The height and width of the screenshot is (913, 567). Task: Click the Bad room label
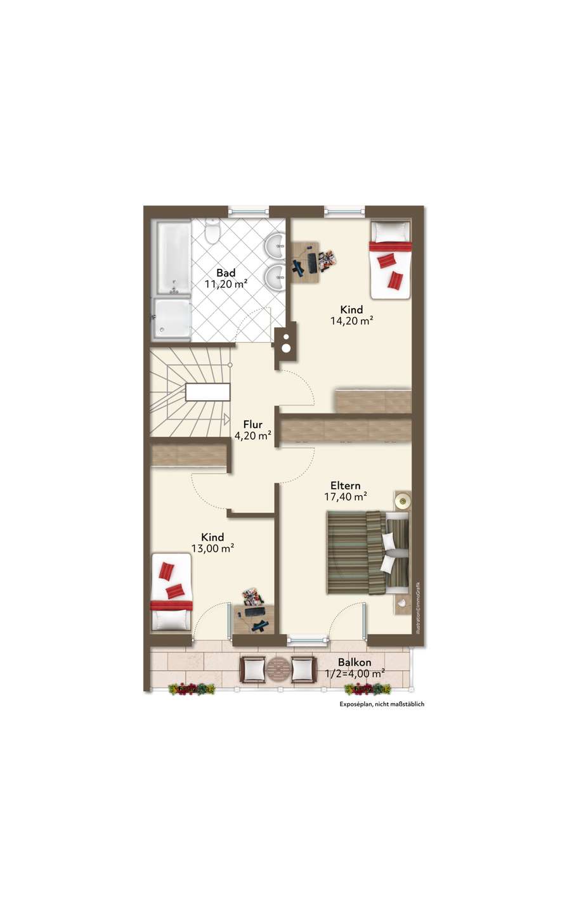click(x=226, y=272)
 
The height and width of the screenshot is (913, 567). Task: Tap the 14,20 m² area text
click(x=352, y=321)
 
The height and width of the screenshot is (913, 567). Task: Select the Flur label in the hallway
click(x=252, y=424)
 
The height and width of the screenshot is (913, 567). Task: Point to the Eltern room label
click(x=345, y=486)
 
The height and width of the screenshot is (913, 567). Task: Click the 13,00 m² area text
click(x=212, y=548)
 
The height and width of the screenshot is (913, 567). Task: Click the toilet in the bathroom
click(x=212, y=231)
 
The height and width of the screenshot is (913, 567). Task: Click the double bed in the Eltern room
click(x=368, y=553)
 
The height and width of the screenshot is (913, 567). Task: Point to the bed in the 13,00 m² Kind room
click(x=171, y=592)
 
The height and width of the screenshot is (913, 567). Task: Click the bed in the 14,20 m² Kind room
click(x=390, y=260)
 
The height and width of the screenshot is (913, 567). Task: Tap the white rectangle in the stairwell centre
click(x=208, y=392)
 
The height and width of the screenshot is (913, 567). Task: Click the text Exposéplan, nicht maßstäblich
click(x=382, y=704)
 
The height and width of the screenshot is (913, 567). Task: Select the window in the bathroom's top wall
click(x=248, y=212)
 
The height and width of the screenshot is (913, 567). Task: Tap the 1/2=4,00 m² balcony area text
click(x=355, y=674)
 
